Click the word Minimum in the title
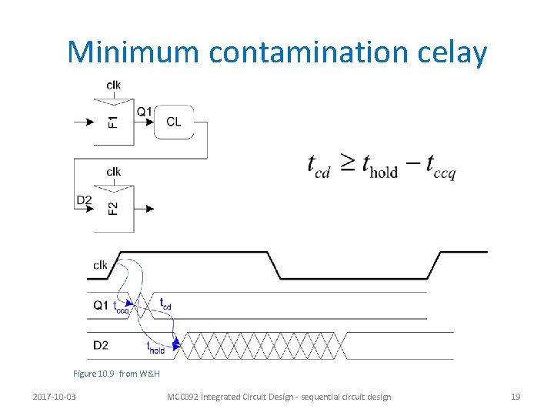click(134, 52)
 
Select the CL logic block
click(174, 121)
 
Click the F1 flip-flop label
click(113, 122)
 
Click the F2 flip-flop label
click(113, 208)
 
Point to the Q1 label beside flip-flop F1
click(144, 112)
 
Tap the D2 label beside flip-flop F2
click(84, 200)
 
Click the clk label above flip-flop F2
click(113, 171)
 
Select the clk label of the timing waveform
click(100, 265)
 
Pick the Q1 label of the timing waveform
click(100, 305)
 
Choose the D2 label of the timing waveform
click(101, 346)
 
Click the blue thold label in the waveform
click(155, 347)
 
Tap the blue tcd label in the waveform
click(165, 304)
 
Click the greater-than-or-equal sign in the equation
click(348, 163)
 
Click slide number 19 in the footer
click(516, 397)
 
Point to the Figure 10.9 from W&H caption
click(116, 374)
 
